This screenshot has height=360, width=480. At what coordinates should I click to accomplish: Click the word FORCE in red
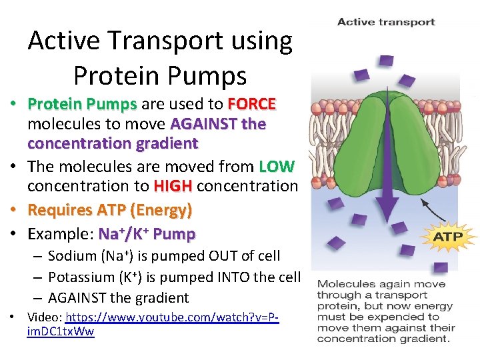[x=251, y=105]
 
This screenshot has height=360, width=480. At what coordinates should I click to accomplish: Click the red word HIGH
[x=173, y=186]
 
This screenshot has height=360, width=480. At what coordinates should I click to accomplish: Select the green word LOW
[x=277, y=166]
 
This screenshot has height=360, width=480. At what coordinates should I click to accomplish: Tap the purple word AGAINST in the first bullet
[x=197, y=124]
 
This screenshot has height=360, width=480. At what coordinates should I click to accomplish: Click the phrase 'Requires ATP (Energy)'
[x=110, y=210]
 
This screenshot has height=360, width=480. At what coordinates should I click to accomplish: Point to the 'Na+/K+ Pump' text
[x=147, y=234]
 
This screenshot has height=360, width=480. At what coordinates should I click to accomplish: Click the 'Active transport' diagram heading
[x=386, y=22]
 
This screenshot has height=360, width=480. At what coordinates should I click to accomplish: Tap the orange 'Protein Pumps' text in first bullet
[x=82, y=105]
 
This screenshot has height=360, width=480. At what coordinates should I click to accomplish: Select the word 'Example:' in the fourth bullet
[x=60, y=234]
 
